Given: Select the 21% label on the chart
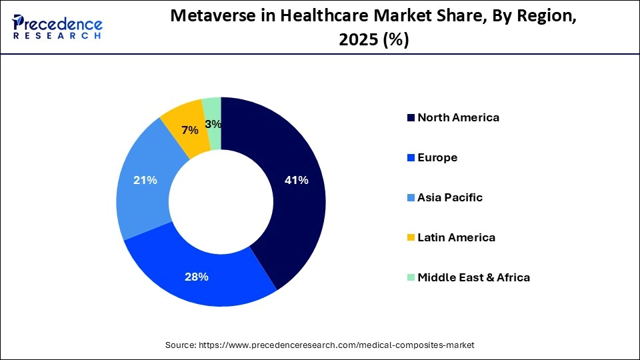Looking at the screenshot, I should (x=145, y=180).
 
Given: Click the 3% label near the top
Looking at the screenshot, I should (x=213, y=124).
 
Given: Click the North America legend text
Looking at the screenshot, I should (x=458, y=118).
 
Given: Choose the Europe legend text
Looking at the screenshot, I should (x=437, y=158).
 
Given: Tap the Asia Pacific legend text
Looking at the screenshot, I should (x=450, y=198).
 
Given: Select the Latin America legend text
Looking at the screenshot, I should (x=456, y=238).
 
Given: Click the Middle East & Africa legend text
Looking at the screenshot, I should (x=473, y=278).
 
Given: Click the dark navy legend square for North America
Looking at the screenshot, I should (x=411, y=119).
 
